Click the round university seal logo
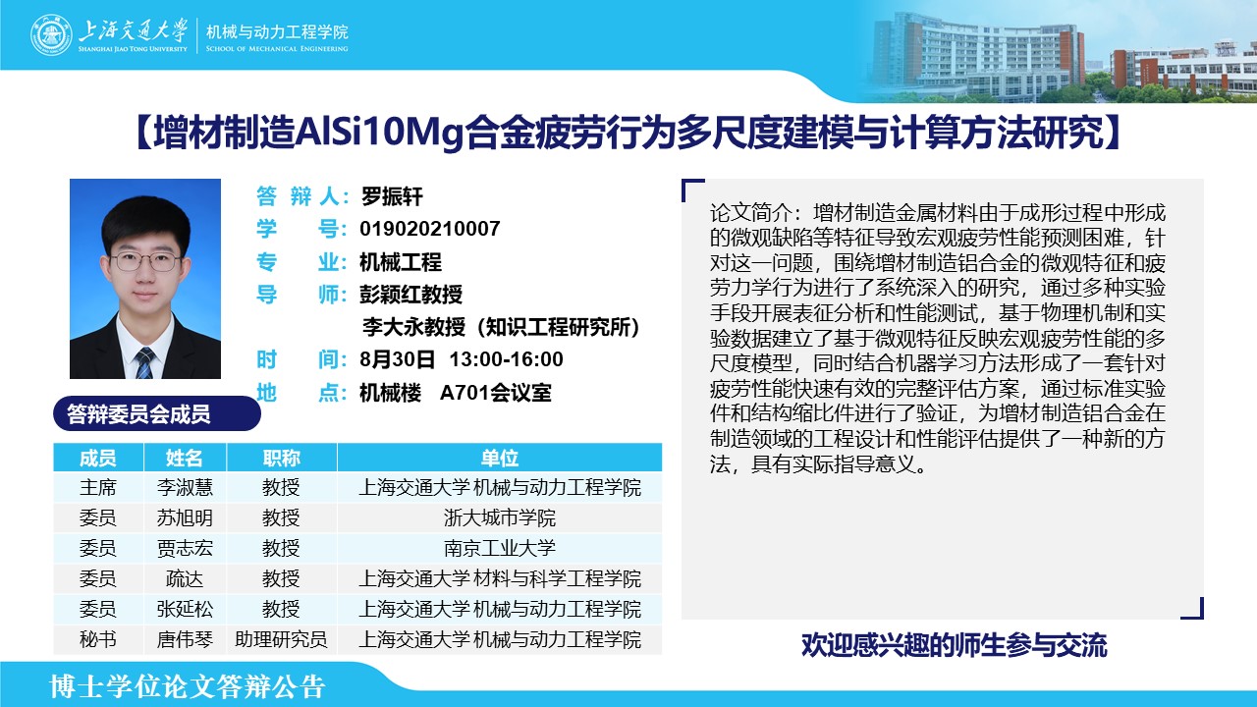pyautogui.click(x=51, y=34)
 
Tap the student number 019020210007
pyautogui.click(x=430, y=229)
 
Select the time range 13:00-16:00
pyautogui.click(x=506, y=359)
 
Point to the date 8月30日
pyautogui.click(x=398, y=359)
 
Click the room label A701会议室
pyautogui.click(x=496, y=392)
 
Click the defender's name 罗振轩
pyautogui.click(x=392, y=196)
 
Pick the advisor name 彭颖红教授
pyautogui.click(x=411, y=294)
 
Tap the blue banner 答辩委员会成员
pyautogui.click(x=157, y=413)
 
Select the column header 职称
pyautogui.click(x=282, y=458)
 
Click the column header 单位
pyautogui.click(x=500, y=458)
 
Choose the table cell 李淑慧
pyautogui.click(x=185, y=487)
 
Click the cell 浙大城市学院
pyautogui.click(x=500, y=517)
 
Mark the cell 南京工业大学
pyautogui.click(x=500, y=548)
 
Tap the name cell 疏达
pyautogui.click(x=185, y=578)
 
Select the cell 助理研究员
pyautogui.click(x=281, y=639)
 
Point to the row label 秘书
pyautogui.click(x=97, y=639)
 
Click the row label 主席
pyautogui.click(x=97, y=487)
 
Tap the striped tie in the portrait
pyautogui.click(x=144, y=362)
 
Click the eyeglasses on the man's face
pyautogui.click(x=145, y=261)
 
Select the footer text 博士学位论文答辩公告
pyautogui.click(x=188, y=686)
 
